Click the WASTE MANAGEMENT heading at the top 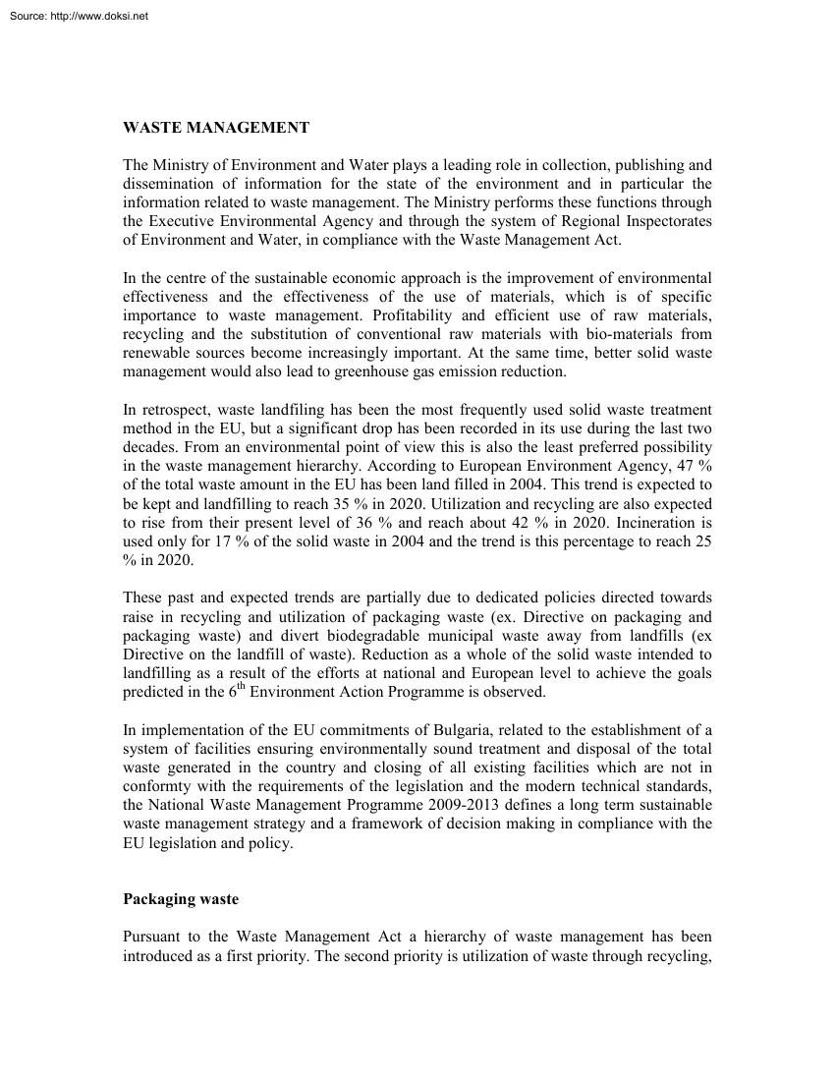coord(216,128)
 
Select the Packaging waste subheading coord(181,899)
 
